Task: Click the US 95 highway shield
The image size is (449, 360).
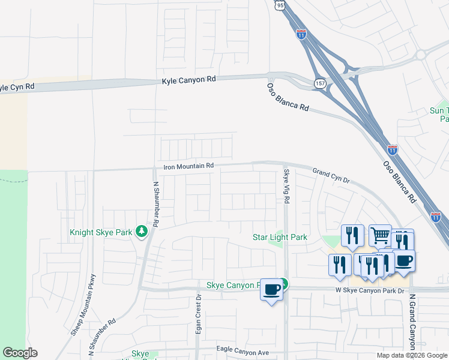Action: (x=281, y=5)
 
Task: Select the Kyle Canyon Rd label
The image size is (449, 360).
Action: (x=188, y=80)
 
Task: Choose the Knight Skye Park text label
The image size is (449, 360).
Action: (x=100, y=232)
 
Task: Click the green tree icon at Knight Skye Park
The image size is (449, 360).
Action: (x=142, y=231)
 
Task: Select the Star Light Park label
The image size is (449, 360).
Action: (x=279, y=237)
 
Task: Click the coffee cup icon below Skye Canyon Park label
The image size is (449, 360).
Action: (x=271, y=290)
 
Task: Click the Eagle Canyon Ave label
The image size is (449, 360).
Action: (x=240, y=352)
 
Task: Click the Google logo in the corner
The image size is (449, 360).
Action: (x=20, y=353)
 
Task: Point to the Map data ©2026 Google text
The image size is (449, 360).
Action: (x=412, y=355)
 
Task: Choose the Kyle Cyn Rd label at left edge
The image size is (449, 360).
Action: (x=17, y=87)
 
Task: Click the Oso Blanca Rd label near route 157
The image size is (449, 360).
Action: (x=288, y=97)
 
